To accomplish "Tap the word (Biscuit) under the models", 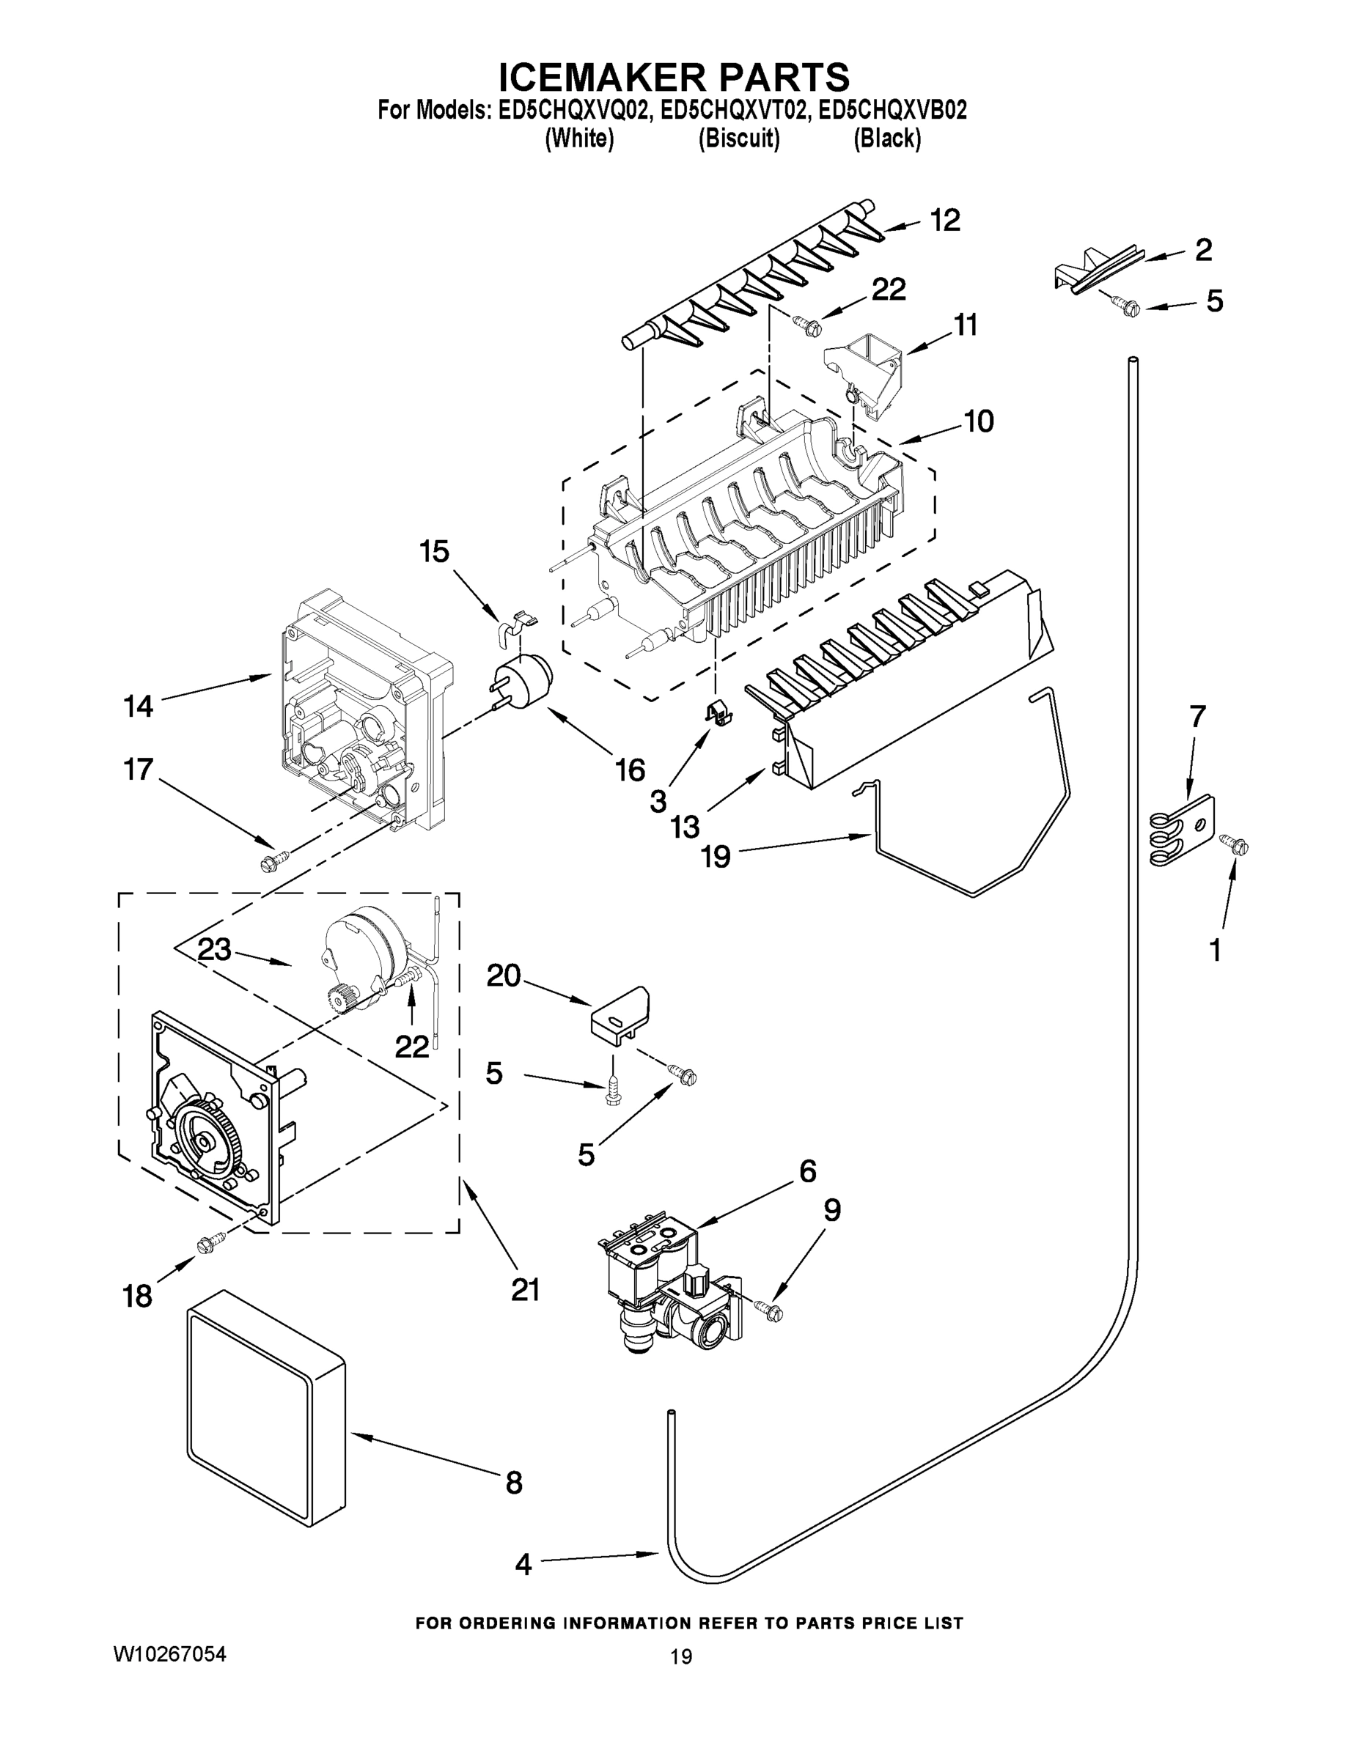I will [738, 139].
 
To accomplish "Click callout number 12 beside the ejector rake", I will [945, 220].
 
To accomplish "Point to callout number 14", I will [138, 707].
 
